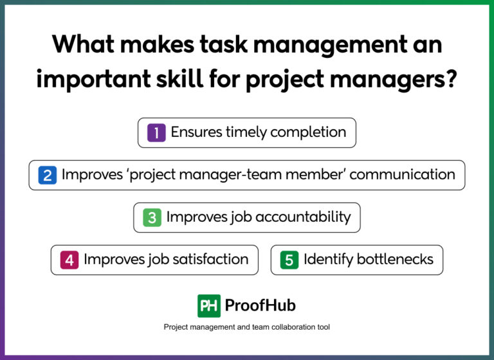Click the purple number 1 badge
[x=156, y=133]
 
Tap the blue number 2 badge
[x=47, y=175]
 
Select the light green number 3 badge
[x=152, y=217]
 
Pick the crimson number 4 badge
[x=69, y=260]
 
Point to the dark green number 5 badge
[x=289, y=260]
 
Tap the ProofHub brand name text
[x=260, y=306]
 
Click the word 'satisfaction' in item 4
[x=208, y=260]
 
